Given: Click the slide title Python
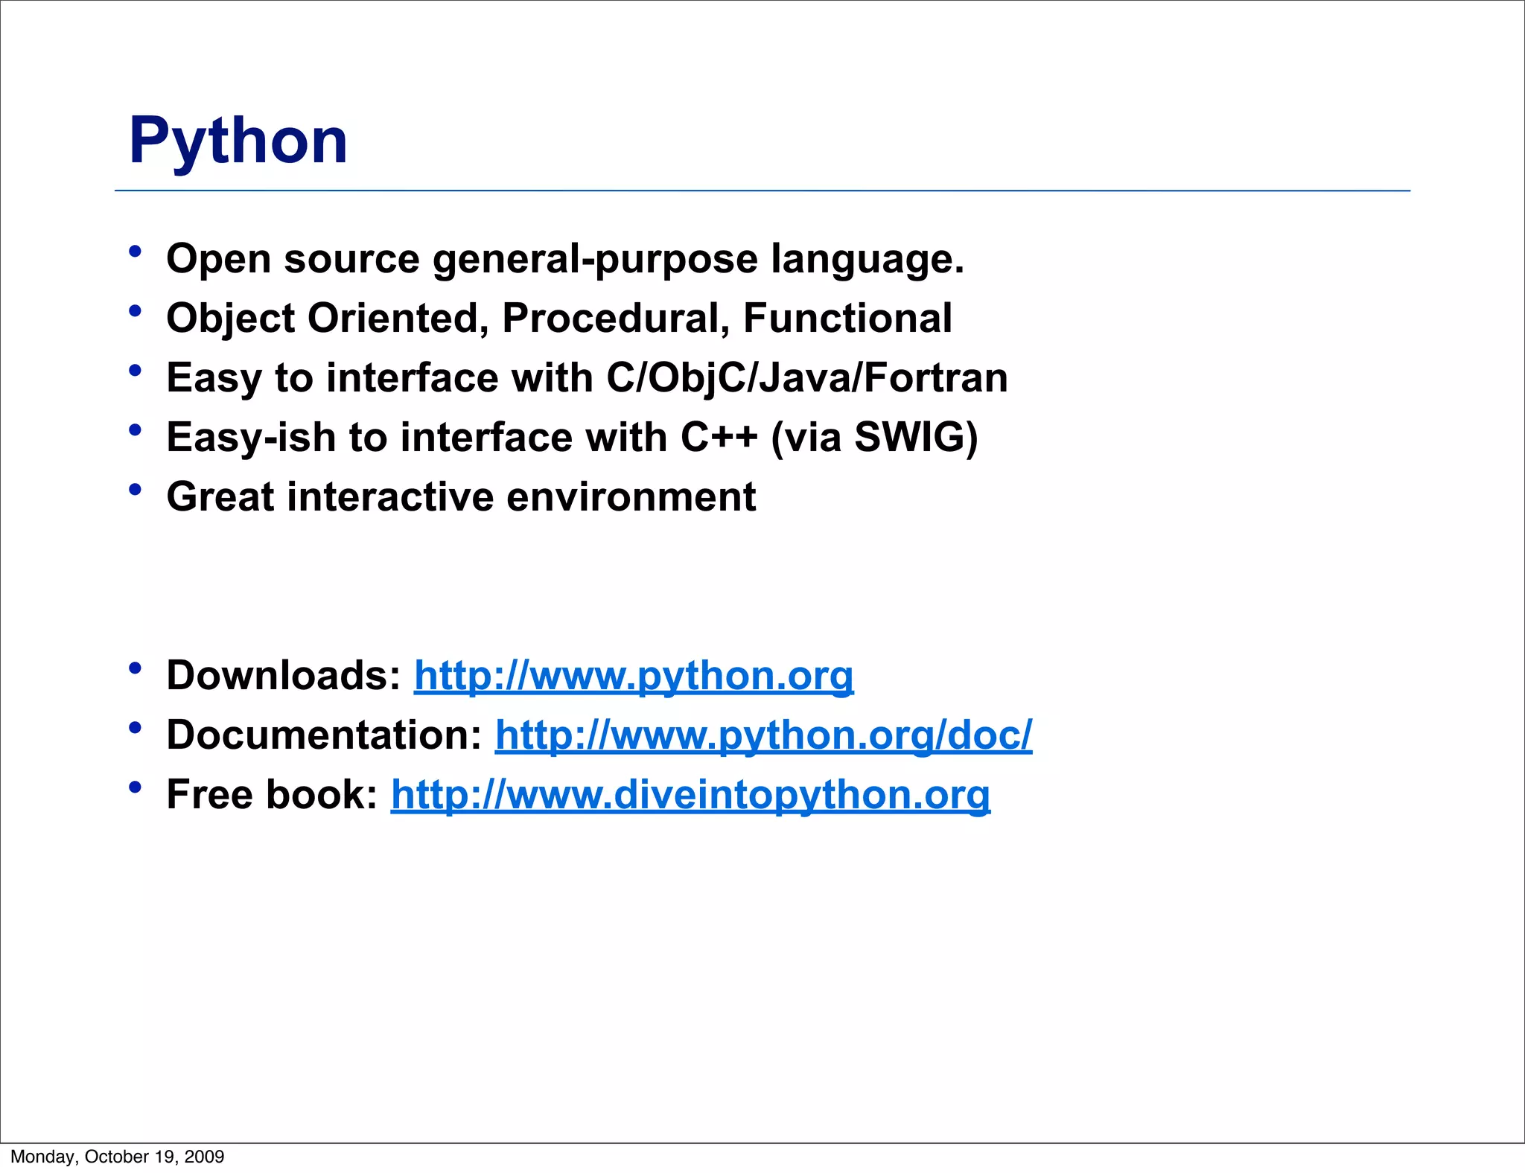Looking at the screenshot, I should (238, 141).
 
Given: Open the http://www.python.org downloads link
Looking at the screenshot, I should (634, 676).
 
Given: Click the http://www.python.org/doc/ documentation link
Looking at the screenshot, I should (763, 735).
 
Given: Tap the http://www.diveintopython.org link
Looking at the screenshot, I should (690, 795).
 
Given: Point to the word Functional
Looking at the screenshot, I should (847, 318).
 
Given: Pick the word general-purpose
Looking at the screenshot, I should (595, 260).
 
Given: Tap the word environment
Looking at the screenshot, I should (631, 496).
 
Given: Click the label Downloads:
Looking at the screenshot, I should (284, 676).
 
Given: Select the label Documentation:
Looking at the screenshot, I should (325, 735).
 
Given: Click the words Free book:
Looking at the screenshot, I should (273, 795).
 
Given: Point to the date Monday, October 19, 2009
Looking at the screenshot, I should (118, 1157).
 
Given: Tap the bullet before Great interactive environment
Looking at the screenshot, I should (135, 490).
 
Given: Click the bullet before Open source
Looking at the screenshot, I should (135, 252).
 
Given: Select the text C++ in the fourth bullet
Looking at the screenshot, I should (719, 437).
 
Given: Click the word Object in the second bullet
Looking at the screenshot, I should (230, 319).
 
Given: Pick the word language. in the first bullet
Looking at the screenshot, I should (867, 260).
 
